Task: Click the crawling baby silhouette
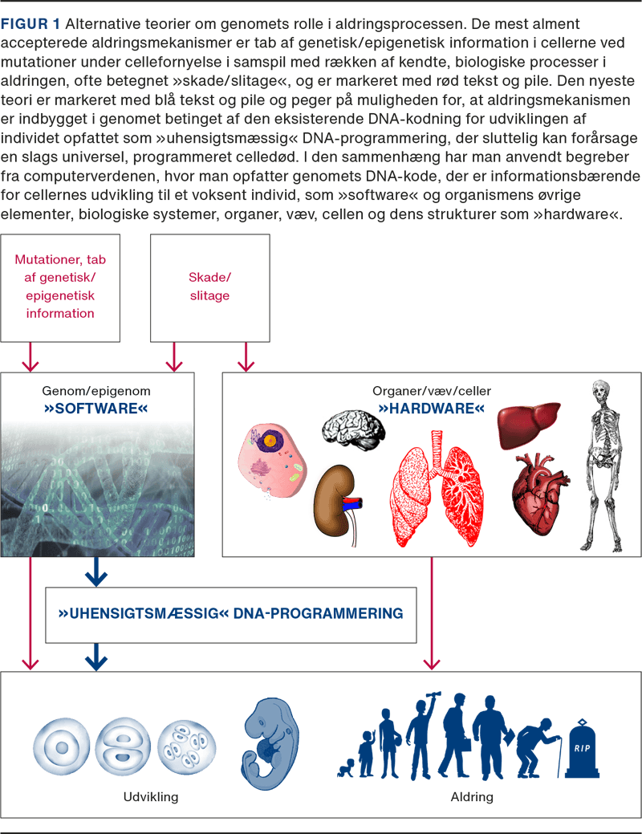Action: pos(351,766)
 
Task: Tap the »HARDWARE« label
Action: pos(432,409)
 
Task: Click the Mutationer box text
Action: pos(60,287)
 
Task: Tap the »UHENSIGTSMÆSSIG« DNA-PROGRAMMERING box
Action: pos(231,614)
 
